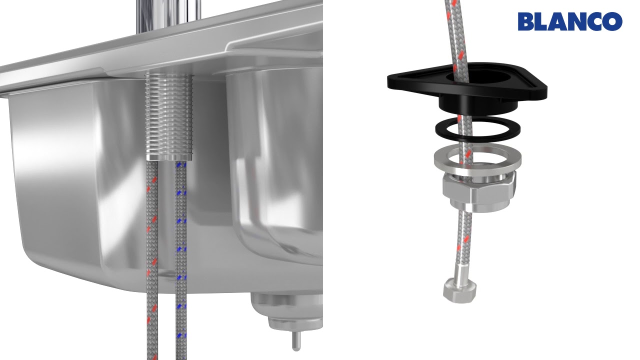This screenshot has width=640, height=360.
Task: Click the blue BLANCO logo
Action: (570, 21)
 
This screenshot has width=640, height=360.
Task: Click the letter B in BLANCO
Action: (526, 21)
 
